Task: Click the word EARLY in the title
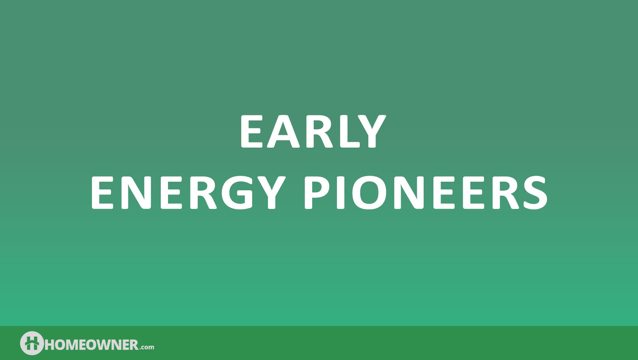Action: [313, 131]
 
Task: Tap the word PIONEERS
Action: [426, 193]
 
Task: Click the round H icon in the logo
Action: [32, 343]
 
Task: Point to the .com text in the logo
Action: [147, 347]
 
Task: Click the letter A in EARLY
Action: [283, 131]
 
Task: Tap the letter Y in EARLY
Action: [371, 131]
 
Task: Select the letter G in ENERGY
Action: [237, 193]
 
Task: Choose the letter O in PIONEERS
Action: [369, 193]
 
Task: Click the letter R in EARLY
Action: [319, 131]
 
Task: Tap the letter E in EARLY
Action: [251, 131]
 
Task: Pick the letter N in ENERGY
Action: [136, 193]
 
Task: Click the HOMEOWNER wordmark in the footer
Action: [91, 345]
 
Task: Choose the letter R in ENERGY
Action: [203, 193]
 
